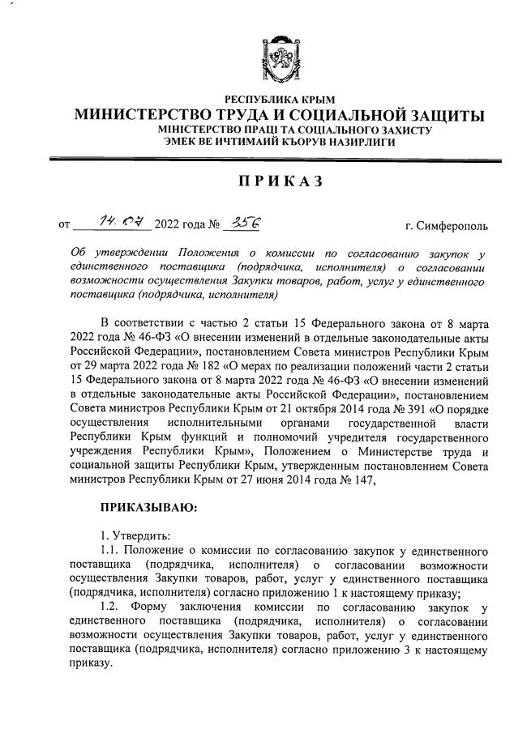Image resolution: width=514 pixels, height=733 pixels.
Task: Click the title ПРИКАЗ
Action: point(279,181)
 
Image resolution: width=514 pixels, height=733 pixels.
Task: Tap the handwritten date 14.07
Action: point(119,220)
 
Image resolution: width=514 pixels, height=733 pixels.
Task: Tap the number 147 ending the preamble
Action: point(360,480)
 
